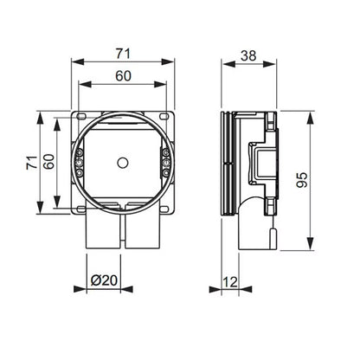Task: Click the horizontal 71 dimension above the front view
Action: click(x=123, y=54)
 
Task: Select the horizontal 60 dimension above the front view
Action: click(x=123, y=76)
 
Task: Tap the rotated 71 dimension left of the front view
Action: click(x=32, y=163)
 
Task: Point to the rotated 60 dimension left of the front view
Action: click(x=49, y=162)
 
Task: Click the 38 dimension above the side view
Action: click(x=248, y=55)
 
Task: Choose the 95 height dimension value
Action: click(x=302, y=180)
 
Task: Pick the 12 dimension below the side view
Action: click(x=230, y=282)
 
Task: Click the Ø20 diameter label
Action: click(x=104, y=280)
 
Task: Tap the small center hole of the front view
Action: click(x=123, y=163)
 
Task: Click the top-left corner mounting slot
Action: click(x=81, y=116)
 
